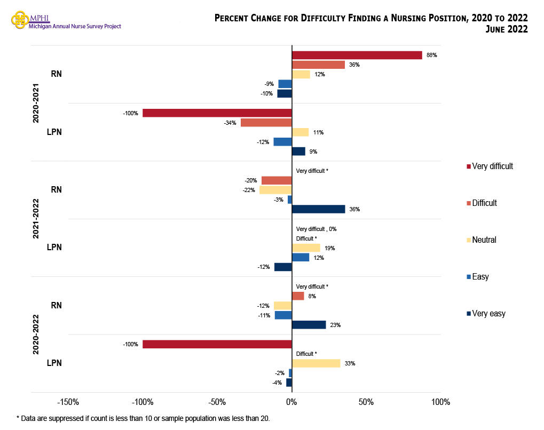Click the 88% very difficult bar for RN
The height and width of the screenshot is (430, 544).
[x=357, y=55]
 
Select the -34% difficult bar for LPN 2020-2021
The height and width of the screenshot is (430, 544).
[x=266, y=123]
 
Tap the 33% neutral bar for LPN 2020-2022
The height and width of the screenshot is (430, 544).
[x=316, y=363]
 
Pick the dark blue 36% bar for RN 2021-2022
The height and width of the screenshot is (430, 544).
[x=318, y=209]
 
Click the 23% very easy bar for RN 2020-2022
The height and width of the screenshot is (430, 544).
[x=309, y=325]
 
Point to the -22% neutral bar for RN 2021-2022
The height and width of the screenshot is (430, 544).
[x=275, y=190]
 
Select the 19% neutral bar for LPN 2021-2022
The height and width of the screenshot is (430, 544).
[x=306, y=248]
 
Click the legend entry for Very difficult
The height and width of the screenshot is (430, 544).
[x=490, y=166]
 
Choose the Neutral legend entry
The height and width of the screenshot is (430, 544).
[x=481, y=240]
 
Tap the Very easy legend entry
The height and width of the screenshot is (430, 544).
[x=486, y=314]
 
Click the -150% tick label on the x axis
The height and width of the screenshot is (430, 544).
[x=68, y=402]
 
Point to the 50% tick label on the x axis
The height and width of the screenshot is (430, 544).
[x=366, y=402]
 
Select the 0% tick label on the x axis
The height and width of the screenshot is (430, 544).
[x=291, y=402]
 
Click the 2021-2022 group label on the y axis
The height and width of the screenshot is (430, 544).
[x=36, y=219]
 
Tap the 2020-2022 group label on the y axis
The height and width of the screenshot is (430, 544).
[x=36, y=335]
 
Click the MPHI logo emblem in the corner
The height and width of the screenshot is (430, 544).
[x=20, y=20]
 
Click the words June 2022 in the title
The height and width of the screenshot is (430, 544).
[x=506, y=29]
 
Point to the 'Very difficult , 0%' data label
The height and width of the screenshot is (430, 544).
[x=316, y=229]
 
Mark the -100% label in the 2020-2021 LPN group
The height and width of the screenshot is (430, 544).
[x=130, y=113]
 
